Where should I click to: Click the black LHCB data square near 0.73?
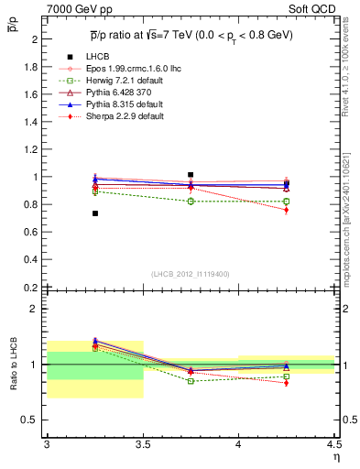pyautogui.click(x=94, y=213)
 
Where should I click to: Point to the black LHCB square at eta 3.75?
pyautogui.click(x=191, y=174)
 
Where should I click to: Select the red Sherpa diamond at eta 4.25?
pyautogui.click(x=286, y=210)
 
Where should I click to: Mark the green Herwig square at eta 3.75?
pyautogui.click(x=191, y=201)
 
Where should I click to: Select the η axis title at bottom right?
pyautogui.click(x=335, y=456)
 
